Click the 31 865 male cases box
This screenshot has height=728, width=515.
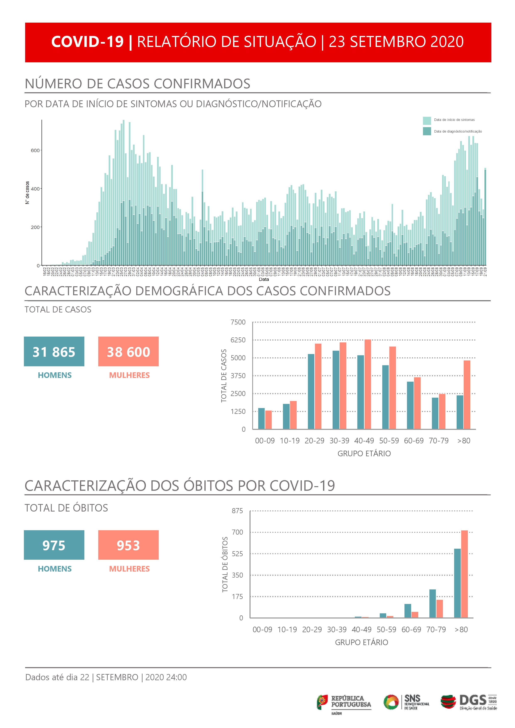click(x=54, y=351)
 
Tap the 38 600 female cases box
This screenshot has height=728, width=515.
click(x=128, y=351)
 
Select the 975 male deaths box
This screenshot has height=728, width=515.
click(x=54, y=545)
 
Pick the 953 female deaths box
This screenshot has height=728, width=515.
click(x=128, y=545)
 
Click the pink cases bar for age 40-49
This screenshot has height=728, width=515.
click(x=368, y=384)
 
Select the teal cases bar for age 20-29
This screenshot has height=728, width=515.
click(x=311, y=392)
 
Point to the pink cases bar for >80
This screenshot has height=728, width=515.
click(x=467, y=395)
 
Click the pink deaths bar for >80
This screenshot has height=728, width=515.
click(x=464, y=574)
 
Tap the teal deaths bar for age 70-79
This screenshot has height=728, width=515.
click(x=433, y=603)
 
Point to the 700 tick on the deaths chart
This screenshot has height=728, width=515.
click(x=237, y=532)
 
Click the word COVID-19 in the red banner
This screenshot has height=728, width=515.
click(x=87, y=42)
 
